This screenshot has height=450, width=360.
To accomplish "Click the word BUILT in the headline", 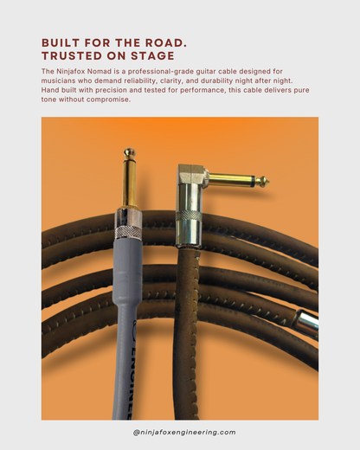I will [x=61, y=42].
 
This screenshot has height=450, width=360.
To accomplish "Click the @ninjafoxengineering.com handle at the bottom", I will [x=180, y=432].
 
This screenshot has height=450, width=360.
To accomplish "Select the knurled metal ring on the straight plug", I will [x=128, y=231].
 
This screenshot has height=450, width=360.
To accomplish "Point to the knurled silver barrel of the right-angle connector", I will [x=189, y=228].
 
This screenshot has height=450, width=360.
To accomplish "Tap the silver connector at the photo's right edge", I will [x=307, y=322].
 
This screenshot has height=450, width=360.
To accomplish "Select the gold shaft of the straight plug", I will [x=129, y=182].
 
